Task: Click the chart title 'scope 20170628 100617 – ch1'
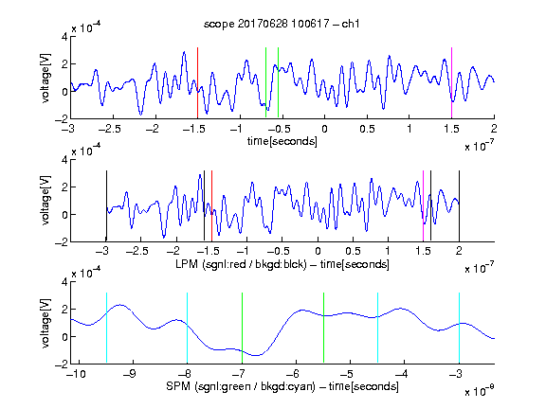tap(282, 24)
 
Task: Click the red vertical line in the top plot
tap(197, 83)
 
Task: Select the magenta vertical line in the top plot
tap(451, 83)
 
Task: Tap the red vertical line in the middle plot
tap(211, 205)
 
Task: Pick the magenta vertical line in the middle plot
tap(423, 205)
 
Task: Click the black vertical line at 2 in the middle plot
tap(459, 205)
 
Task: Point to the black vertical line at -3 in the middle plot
tap(106, 205)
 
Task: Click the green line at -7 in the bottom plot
tap(242, 328)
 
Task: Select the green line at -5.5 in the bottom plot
tap(323, 328)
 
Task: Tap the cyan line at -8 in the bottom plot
tap(188, 328)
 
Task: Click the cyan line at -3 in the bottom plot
tap(459, 328)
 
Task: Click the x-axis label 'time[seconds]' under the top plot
tap(282, 141)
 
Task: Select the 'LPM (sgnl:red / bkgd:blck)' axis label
tap(241, 264)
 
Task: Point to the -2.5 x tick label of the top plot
tap(109, 129)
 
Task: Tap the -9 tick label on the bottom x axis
tap(130, 374)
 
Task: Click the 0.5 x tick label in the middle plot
tap(353, 251)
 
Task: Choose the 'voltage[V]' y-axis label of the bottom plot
tap(45, 323)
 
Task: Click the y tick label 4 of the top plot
tap(64, 37)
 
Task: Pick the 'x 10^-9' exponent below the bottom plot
tap(480, 390)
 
